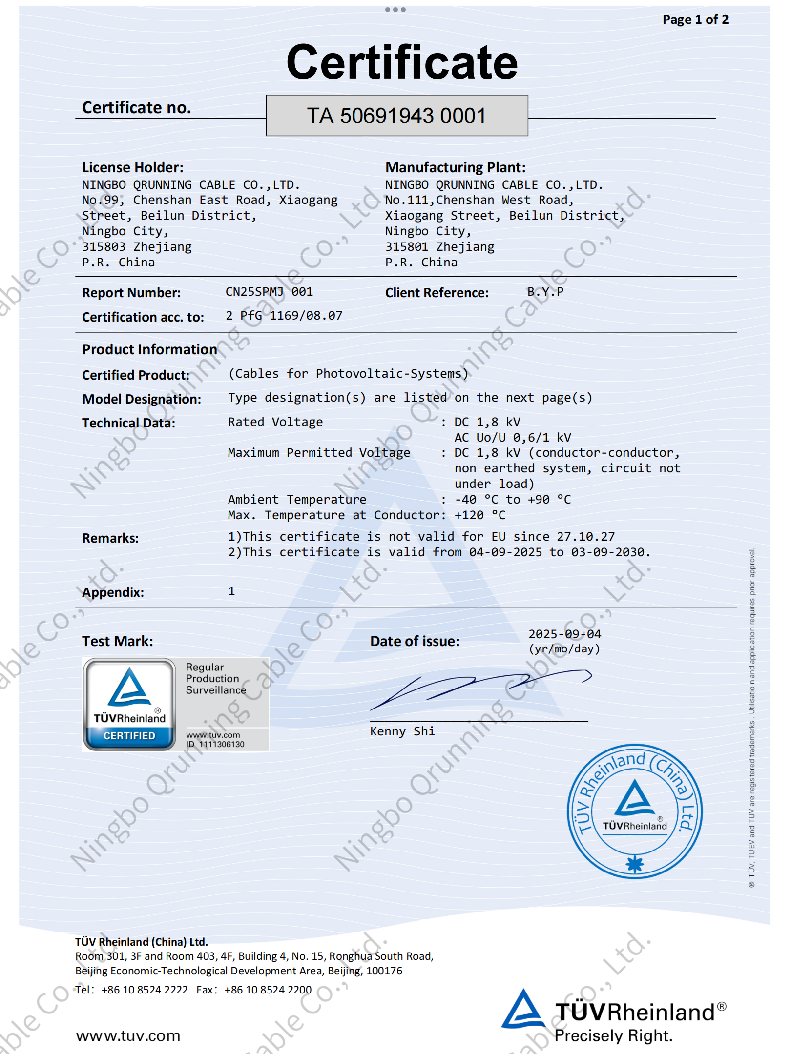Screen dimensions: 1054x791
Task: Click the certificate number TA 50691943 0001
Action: click(396, 116)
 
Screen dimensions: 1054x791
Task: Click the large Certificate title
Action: click(402, 62)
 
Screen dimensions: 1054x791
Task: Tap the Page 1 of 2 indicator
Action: click(695, 20)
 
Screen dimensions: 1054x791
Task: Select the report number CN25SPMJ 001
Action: click(269, 292)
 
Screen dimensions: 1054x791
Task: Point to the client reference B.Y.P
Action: click(545, 292)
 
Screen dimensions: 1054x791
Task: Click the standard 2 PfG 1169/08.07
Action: click(284, 316)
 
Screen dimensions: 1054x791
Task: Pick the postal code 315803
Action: click(104, 247)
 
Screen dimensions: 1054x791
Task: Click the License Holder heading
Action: click(133, 167)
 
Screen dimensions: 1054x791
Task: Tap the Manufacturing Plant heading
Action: click(455, 167)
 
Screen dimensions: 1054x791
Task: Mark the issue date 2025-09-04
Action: click(564, 634)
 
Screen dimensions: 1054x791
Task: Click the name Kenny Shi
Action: click(402, 731)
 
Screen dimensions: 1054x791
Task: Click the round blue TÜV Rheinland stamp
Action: click(634, 811)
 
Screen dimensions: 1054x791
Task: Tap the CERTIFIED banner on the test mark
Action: click(129, 736)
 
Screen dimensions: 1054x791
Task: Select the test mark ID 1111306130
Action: click(221, 744)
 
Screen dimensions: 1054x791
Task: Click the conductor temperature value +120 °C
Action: click(480, 515)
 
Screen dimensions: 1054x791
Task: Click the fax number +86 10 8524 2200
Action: click(268, 990)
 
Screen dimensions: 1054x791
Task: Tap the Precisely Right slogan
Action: click(613, 1035)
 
